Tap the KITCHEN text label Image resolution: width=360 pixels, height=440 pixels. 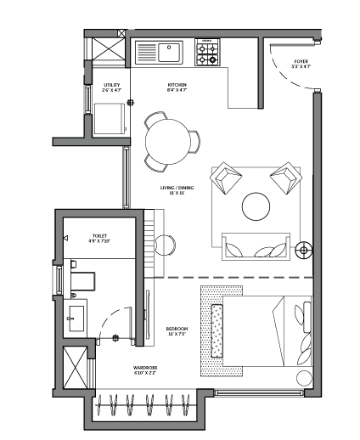(177, 87)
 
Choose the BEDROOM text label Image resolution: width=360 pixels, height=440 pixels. (177, 328)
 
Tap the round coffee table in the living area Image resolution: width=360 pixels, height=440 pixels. (256, 206)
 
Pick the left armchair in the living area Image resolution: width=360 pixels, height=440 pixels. (227, 179)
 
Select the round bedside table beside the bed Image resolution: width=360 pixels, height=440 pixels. (303, 379)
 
